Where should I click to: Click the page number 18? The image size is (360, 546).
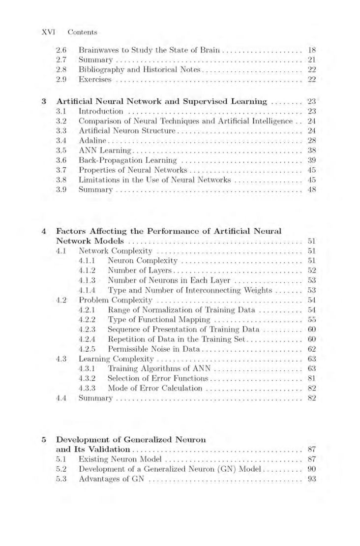click(x=310, y=50)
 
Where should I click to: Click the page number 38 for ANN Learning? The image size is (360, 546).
click(x=310, y=151)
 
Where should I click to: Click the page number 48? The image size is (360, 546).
click(x=310, y=190)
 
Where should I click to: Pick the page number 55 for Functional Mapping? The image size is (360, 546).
click(x=310, y=319)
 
